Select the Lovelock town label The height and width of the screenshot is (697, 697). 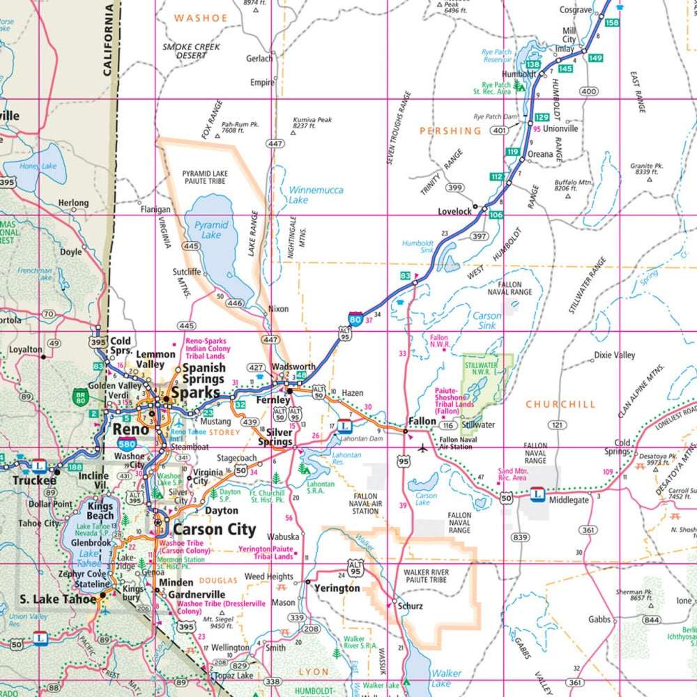454,211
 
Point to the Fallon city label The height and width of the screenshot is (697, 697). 422,422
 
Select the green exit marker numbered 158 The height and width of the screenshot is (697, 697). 612,23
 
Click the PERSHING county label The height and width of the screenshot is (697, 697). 450,130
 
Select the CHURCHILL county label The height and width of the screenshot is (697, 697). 560,404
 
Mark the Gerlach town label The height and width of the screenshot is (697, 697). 259,59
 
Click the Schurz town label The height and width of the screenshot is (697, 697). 410,606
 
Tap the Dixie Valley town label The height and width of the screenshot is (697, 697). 614,355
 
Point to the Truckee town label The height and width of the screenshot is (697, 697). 33,481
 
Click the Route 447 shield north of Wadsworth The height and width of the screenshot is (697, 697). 269,339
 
